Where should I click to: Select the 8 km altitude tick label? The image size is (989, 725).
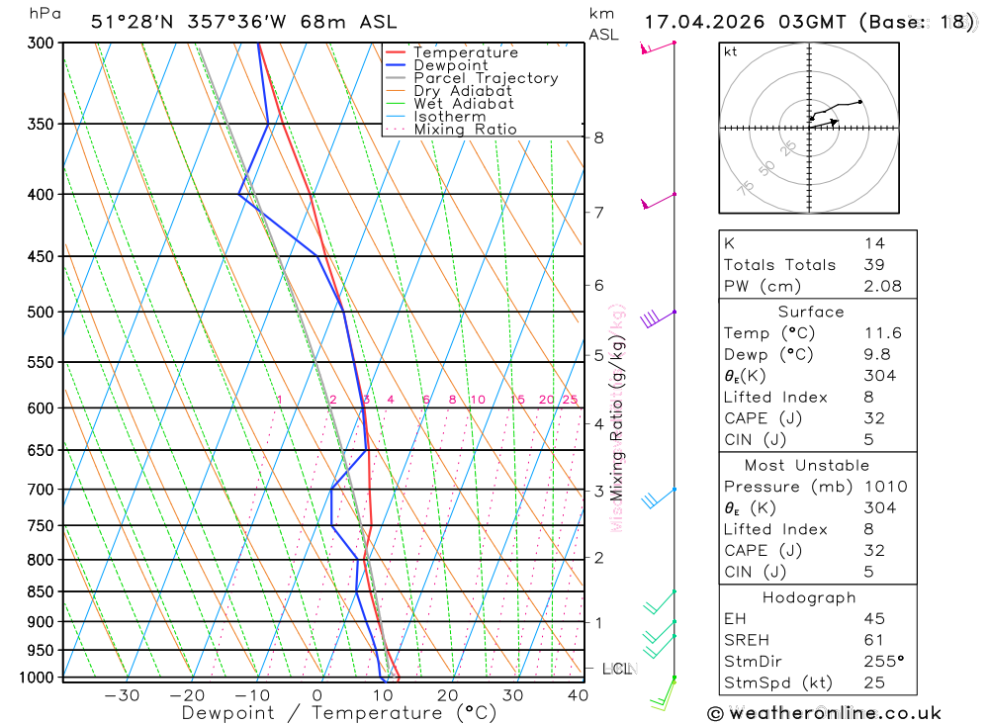pos(598,137)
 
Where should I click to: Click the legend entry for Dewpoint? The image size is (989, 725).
pos(451,65)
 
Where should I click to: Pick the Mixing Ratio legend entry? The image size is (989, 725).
pos(465,130)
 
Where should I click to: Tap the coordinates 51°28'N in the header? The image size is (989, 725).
pos(128,22)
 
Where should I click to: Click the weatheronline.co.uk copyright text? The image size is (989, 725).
pos(824,713)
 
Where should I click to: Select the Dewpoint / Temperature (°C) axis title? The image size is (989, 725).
pos(338,712)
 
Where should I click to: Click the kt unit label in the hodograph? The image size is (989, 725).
pos(731,51)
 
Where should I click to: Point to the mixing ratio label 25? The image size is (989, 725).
pos(570,400)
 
